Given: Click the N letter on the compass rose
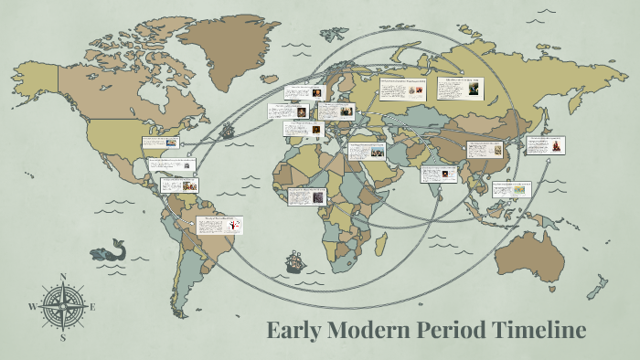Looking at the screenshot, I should tap(62, 275).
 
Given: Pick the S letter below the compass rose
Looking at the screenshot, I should tap(62, 337).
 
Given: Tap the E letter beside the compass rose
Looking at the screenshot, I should tap(92, 306).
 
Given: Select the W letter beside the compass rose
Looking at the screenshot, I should tap(32, 306).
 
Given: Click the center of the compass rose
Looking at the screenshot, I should tap(62, 306).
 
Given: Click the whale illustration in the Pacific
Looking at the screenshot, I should tap(109, 250).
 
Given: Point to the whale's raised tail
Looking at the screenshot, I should tap(118, 242).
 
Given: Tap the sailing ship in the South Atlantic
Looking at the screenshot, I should tap(294, 262).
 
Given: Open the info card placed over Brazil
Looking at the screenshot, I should tap(219, 226).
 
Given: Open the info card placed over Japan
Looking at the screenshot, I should tap(545, 145).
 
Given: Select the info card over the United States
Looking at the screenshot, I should tap(159, 143).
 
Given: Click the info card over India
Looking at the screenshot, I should tap(438, 174).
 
